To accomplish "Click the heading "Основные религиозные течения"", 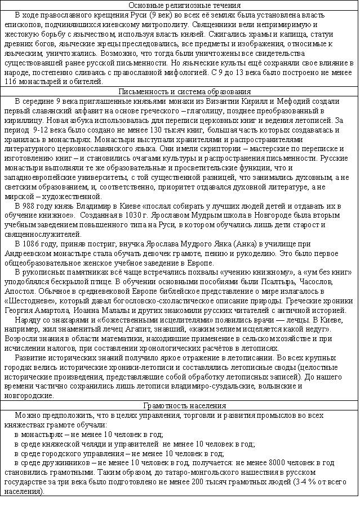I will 180,6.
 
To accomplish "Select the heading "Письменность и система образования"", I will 180,92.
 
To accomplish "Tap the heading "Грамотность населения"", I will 180,406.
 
